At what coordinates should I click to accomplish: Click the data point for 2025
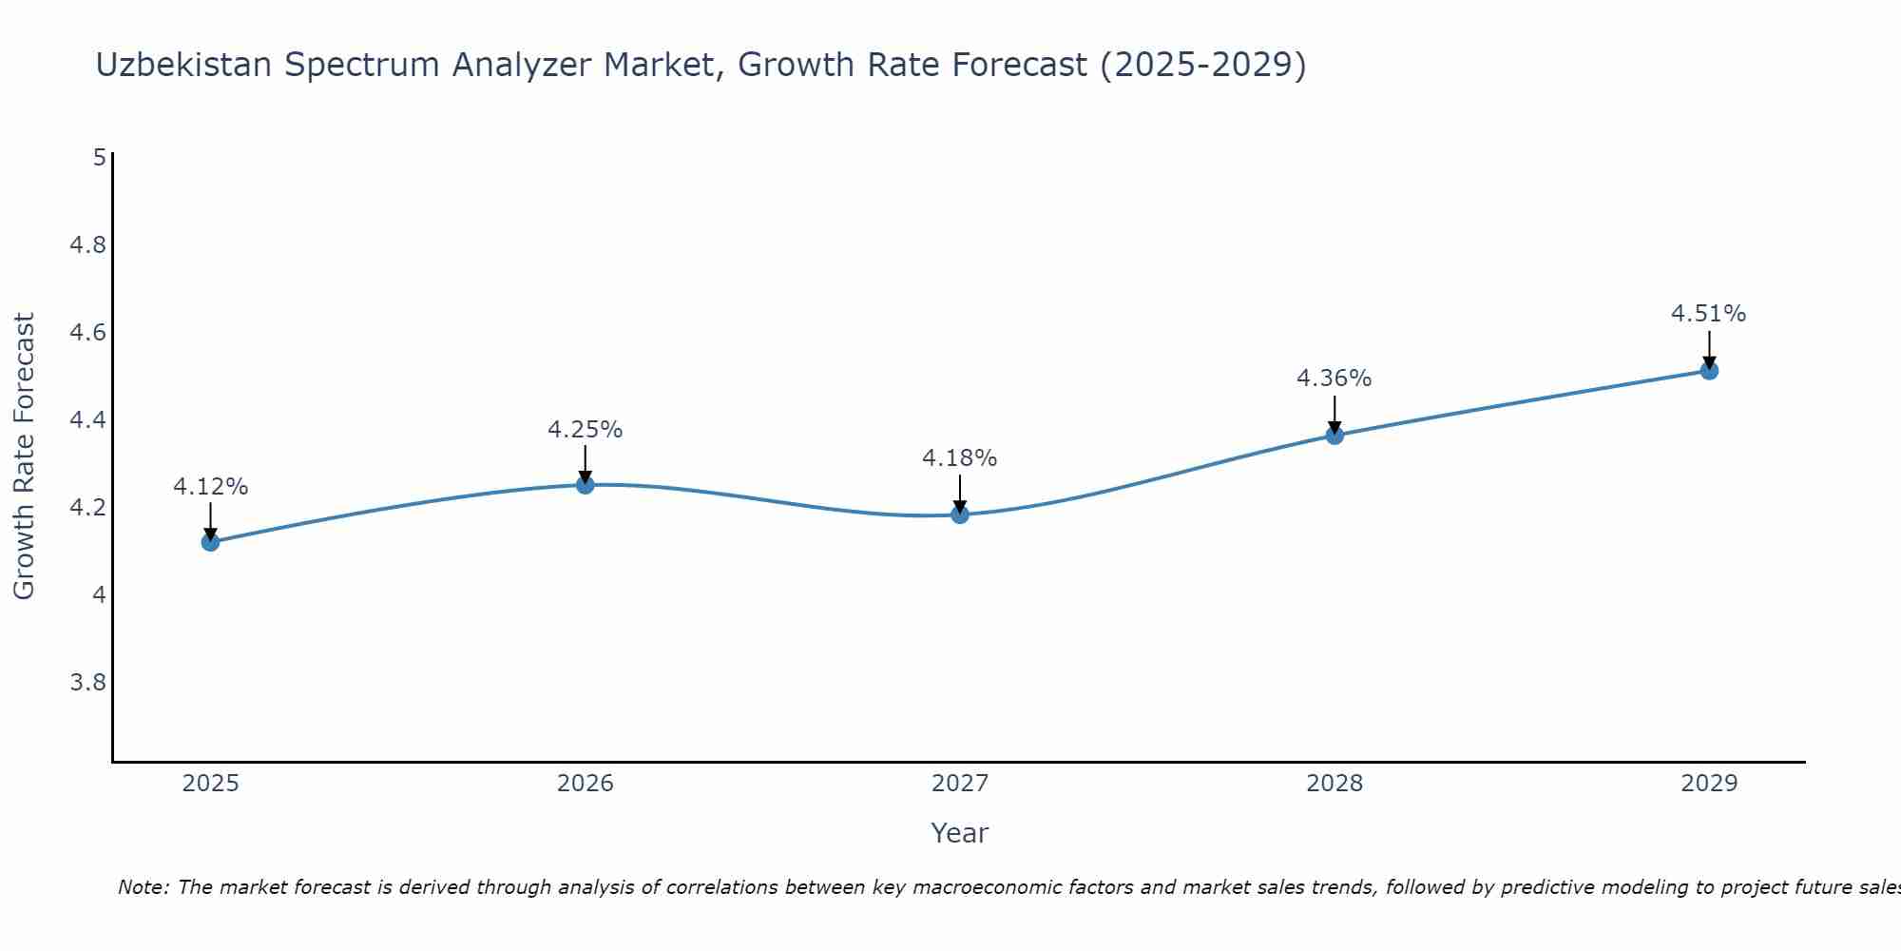pos(210,542)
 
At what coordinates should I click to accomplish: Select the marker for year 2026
pos(586,485)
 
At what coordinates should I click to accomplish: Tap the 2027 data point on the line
pos(960,514)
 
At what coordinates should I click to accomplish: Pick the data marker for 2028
pos(1335,436)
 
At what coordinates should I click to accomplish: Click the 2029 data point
pos(1709,371)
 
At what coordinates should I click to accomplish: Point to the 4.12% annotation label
pos(210,487)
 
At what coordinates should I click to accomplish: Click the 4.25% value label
pos(586,430)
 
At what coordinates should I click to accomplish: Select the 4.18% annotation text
pos(960,458)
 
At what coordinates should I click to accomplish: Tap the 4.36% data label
pos(1335,378)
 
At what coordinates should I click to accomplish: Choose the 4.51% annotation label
pos(1709,314)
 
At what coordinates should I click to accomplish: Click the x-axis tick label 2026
pos(586,784)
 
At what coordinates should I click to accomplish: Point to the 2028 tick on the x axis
pos(1335,784)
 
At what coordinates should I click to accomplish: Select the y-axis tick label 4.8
pos(87,245)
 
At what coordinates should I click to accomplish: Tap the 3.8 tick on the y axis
pos(87,683)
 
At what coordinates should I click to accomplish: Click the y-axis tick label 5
pos(99,158)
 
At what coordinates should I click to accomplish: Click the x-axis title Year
pos(960,833)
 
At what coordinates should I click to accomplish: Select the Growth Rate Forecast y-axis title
pos(25,456)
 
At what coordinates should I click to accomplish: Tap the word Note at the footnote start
pos(142,887)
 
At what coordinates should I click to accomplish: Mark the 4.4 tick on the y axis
pos(87,420)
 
